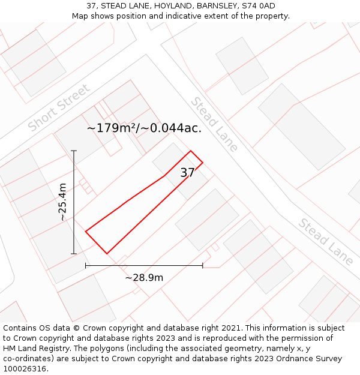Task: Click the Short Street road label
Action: tap(59, 108)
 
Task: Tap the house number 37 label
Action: tap(188, 173)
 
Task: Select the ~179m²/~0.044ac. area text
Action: tap(144, 128)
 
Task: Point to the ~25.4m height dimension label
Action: tap(63, 202)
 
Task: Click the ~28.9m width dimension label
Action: tap(144, 277)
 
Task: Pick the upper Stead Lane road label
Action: tap(214, 124)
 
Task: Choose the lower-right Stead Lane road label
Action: tap(325, 241)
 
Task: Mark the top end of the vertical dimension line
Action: tap(74, 151)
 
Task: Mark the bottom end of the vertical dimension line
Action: tap(74, 254)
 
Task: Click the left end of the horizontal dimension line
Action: tap(86, 265)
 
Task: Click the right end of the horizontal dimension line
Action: tap(203, 265)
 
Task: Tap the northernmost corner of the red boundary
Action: tap(191, 151)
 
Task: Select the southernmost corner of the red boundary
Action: tap(107, 254)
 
